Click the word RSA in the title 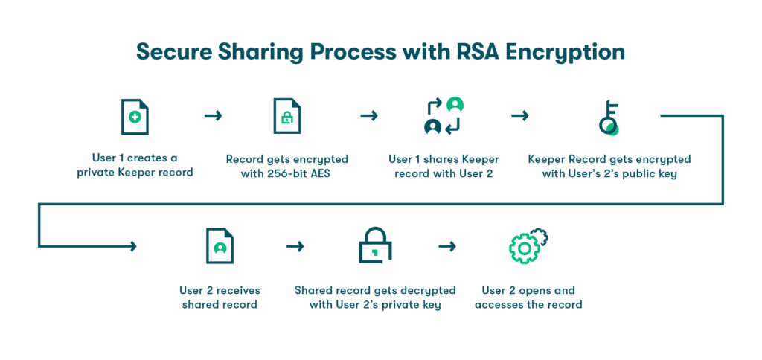click(x=473, y=52)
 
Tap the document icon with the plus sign click(x=135, y=116)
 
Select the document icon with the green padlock click(x=286, y=116)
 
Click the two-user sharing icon click(x=444, y=116)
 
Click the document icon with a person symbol click(x=220, y=246)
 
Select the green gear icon click(x=528, y=245)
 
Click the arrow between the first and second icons click(x=213, y=116)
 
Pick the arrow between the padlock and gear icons click(x=446, y=246)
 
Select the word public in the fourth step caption click(x=641, y=173)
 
